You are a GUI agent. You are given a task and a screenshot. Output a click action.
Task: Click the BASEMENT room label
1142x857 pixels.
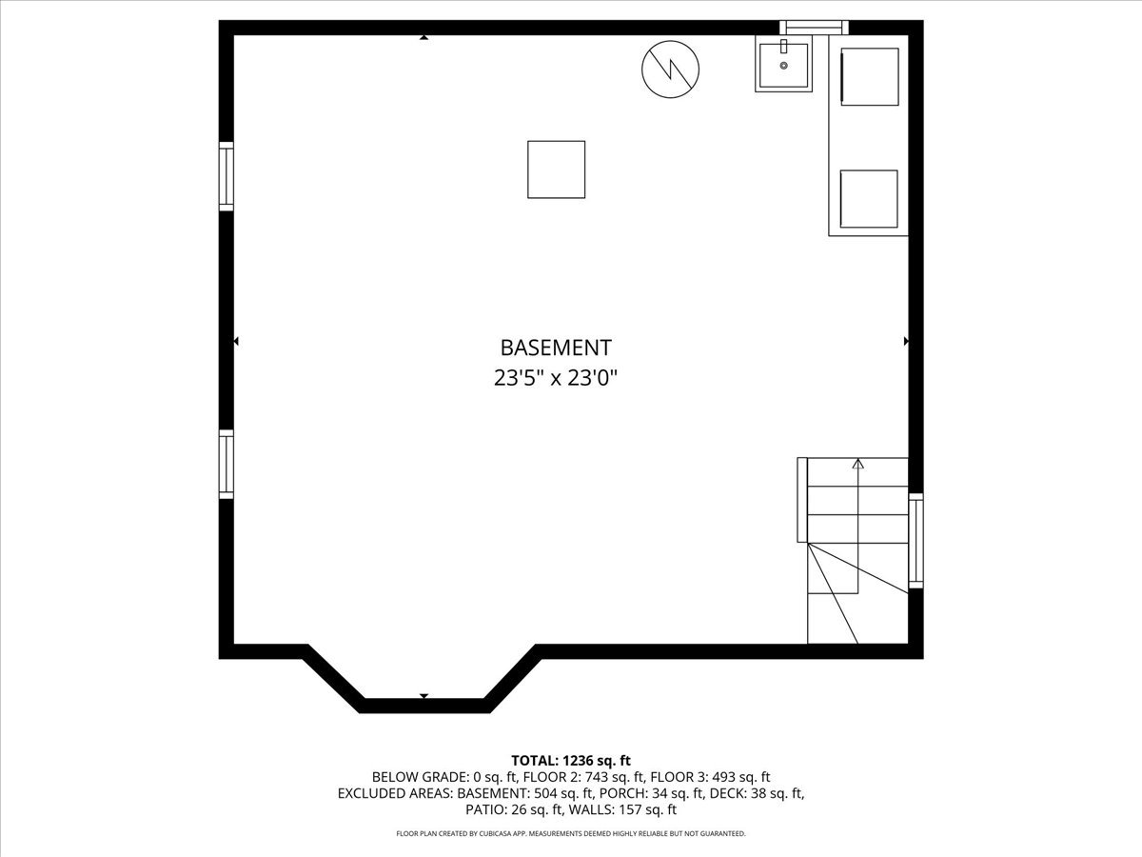click(x=556, y=348)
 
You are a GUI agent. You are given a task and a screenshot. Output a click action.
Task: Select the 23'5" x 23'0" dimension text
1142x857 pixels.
click(x=556, y=378)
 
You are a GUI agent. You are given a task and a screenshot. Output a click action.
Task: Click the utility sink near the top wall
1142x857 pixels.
click(x=784, y=64)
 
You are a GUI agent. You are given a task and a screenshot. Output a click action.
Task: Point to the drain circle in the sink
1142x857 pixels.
click(x=784, y=66)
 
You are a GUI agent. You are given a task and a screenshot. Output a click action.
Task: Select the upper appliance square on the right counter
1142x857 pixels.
click(x=869, y=76)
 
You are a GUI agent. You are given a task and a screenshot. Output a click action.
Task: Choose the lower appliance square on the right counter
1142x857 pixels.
click(x=869, y=199)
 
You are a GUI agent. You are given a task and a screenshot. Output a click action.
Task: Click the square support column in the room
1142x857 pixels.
click(x=557, y=169)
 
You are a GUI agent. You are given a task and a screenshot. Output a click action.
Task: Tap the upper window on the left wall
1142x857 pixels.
click(x=226, y=175)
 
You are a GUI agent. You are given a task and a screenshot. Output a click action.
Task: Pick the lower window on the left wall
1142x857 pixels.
click(x=226, y=464)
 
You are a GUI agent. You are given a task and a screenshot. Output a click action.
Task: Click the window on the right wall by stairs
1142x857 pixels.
click(x=916, y=540)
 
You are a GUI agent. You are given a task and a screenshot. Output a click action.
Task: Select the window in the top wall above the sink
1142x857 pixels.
click(x=814, y=27)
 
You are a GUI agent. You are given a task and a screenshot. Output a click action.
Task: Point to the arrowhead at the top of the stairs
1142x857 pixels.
click(x=857, y=465)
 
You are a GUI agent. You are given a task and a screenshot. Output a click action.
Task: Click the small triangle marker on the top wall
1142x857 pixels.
click(x=423, y=38)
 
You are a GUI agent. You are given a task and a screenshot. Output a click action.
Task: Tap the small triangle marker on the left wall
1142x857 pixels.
click(x=236, y=340)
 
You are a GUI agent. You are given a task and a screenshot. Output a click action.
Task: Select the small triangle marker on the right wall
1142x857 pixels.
click(x=906, y=340)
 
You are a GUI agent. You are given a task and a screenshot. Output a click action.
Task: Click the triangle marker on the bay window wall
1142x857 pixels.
click(x=423, y=696)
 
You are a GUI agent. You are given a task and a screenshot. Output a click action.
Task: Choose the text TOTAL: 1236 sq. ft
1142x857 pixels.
click(x=571, y=760)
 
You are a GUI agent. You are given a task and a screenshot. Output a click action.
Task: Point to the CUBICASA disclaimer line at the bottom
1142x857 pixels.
click(x=571, y=834)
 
